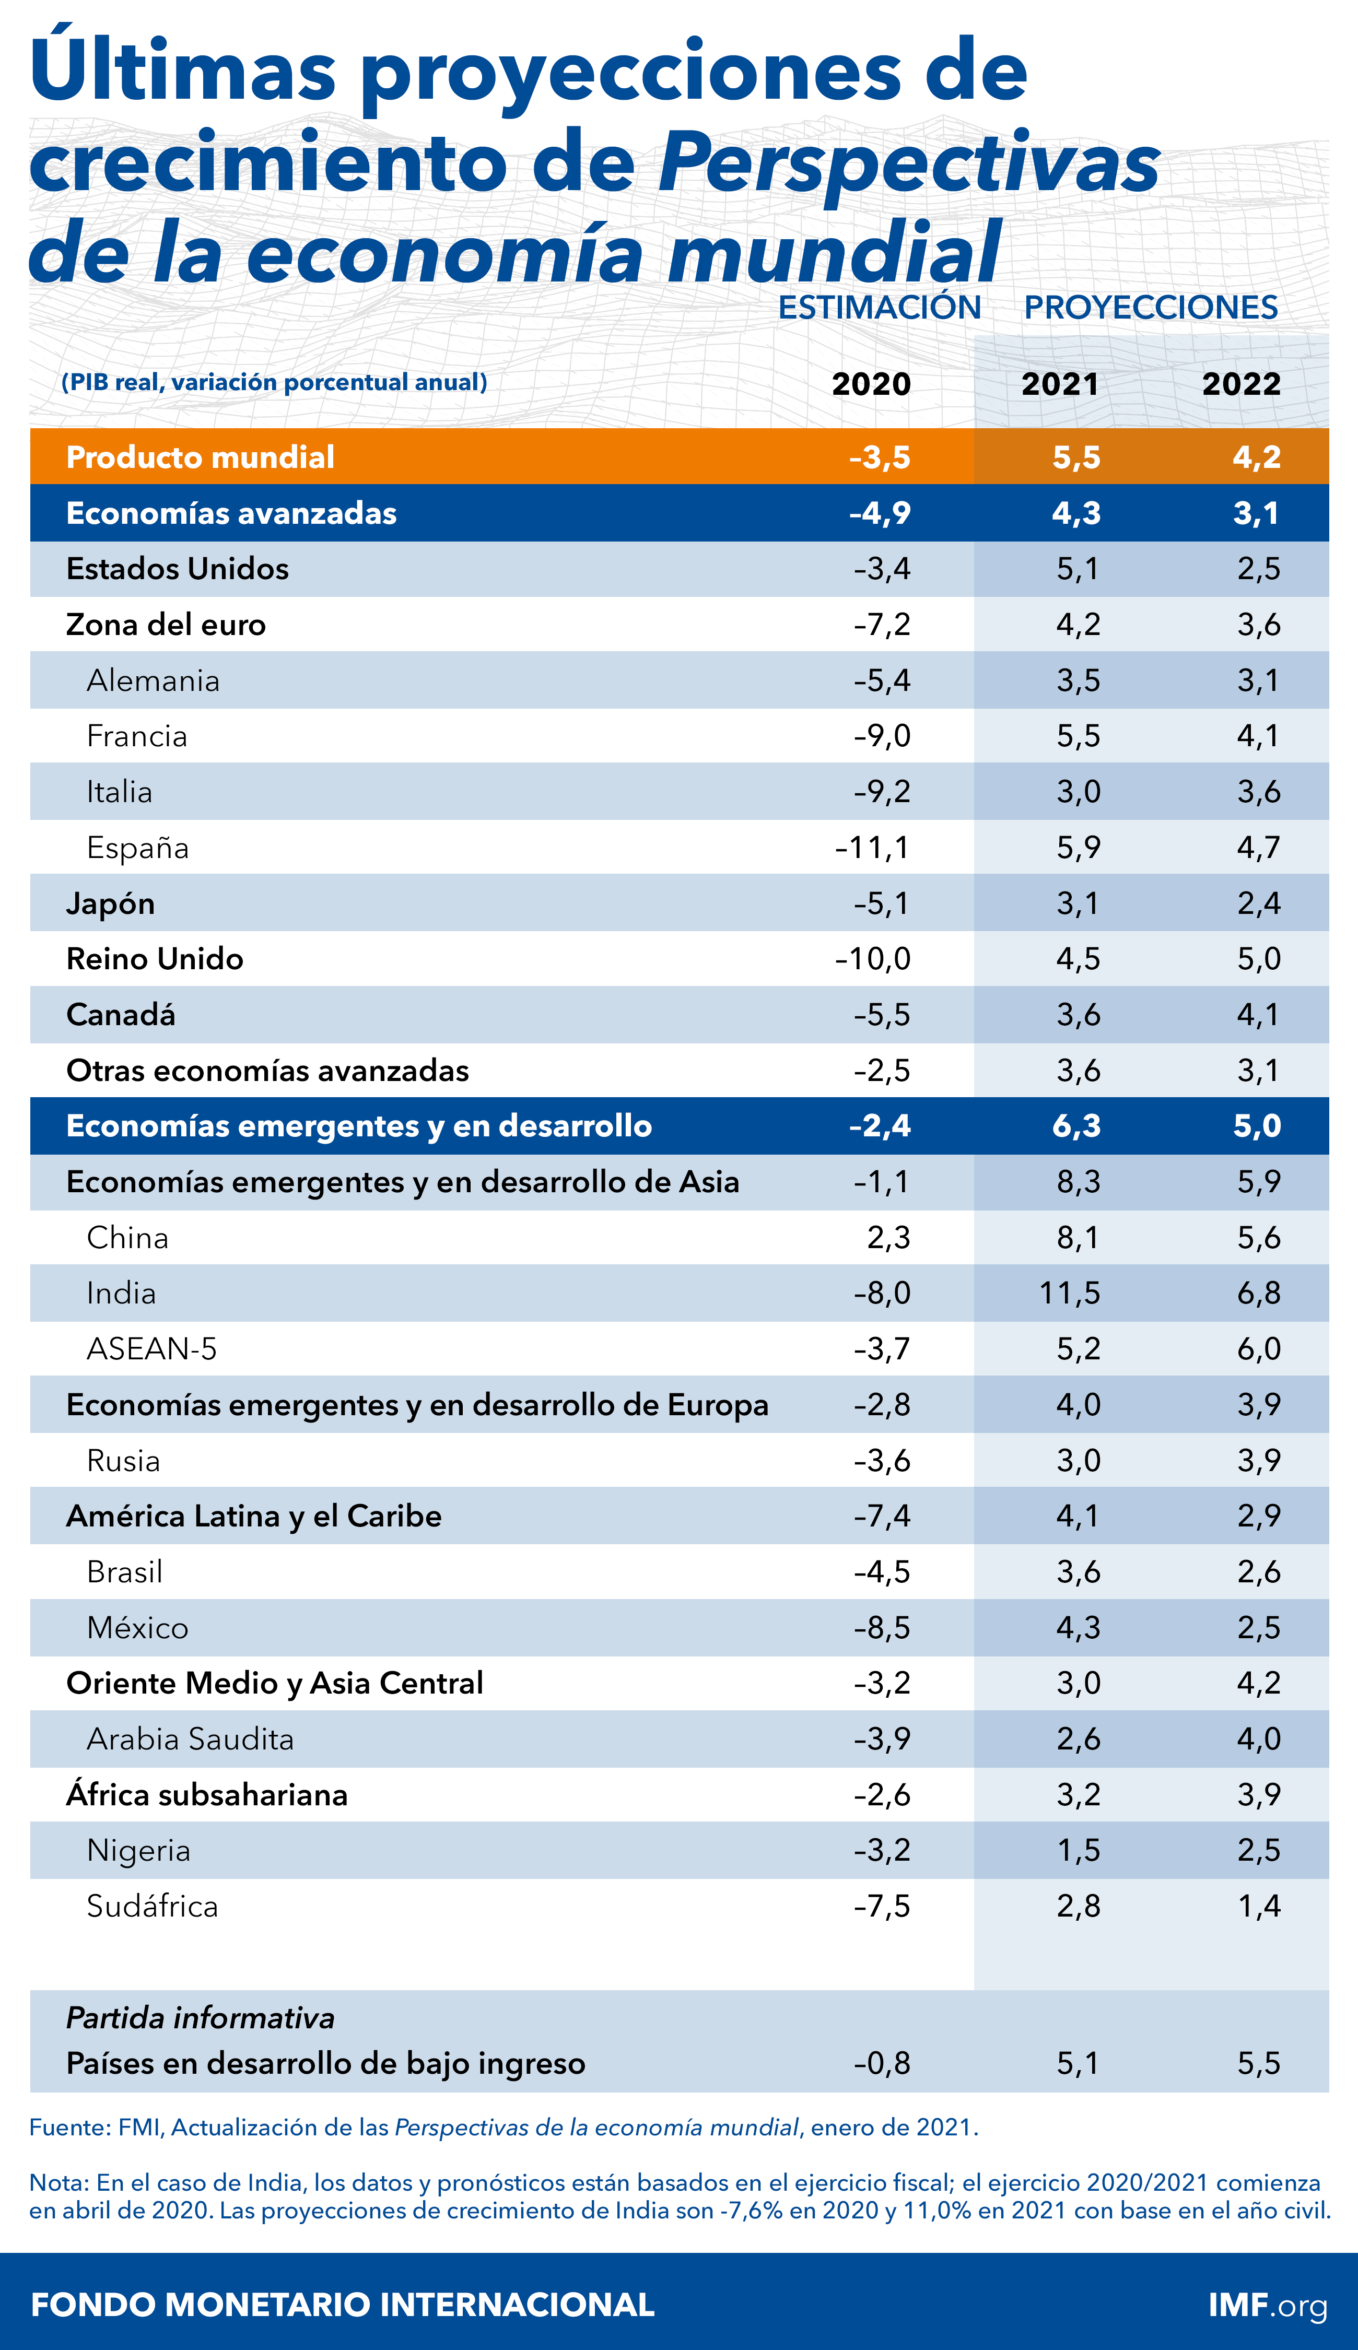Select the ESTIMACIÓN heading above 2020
880,308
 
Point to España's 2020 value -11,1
872,848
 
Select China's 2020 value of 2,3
888,1238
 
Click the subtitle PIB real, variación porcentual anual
274,382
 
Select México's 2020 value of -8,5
882,1628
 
